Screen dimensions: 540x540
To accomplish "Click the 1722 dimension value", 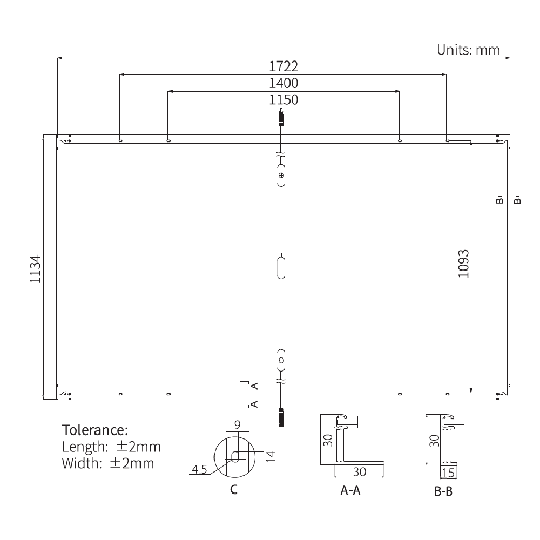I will click(283, 66).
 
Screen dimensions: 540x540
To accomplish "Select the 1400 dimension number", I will click(283, 83).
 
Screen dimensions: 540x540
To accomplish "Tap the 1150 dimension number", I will click(283, 99).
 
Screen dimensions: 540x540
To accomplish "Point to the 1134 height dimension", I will click(35, 268).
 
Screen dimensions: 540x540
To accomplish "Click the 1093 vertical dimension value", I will click(463, 264).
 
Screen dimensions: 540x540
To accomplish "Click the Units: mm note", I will click(468, 50).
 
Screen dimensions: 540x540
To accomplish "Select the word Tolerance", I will click(96, 430).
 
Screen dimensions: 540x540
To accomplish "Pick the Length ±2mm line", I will click(111, 447).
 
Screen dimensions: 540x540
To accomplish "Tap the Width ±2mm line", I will click(108, 463).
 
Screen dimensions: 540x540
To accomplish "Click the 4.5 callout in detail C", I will click(199, 470).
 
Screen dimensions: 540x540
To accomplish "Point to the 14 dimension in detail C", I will click(271, 456).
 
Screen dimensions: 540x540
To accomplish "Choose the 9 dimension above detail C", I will click(237, 424).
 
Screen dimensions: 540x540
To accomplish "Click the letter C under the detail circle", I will click(233, 490).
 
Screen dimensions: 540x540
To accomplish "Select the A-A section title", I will click(350, 491).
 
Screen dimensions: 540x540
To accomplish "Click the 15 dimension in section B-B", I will click(448, 474).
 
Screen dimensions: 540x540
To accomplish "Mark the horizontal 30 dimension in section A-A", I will click(359, 471).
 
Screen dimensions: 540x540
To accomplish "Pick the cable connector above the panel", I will click(281, 118).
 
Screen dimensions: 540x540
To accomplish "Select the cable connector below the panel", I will click(281, 417).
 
